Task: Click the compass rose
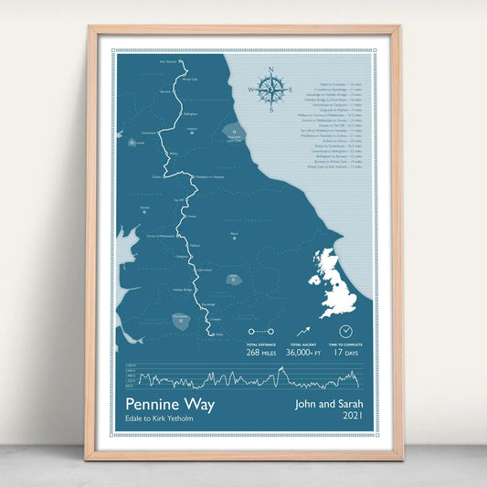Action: click(x=272, y=89)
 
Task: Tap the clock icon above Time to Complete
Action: click(x=346, y=330)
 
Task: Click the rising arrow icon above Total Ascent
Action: click(x=304, y=330)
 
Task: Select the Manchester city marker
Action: click(x=180, y=319)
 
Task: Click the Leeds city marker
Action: click(x=236, y=279)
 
